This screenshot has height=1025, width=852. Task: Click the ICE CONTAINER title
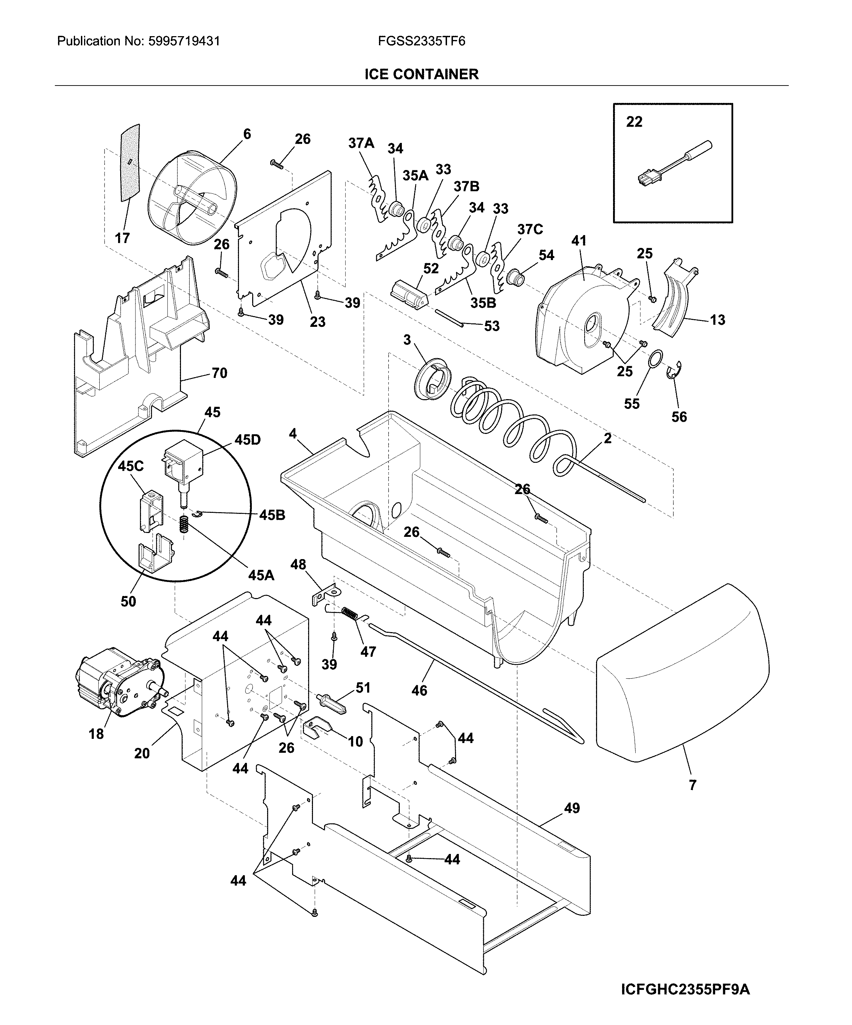coord(421,74)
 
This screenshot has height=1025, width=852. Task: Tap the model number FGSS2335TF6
coord(421,41)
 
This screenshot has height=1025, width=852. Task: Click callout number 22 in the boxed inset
coord(634,122)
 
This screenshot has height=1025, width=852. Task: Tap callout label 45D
coord(247,440)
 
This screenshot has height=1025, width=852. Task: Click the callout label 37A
coord(361,143)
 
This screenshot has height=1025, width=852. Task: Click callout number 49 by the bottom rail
coord(572,808)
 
